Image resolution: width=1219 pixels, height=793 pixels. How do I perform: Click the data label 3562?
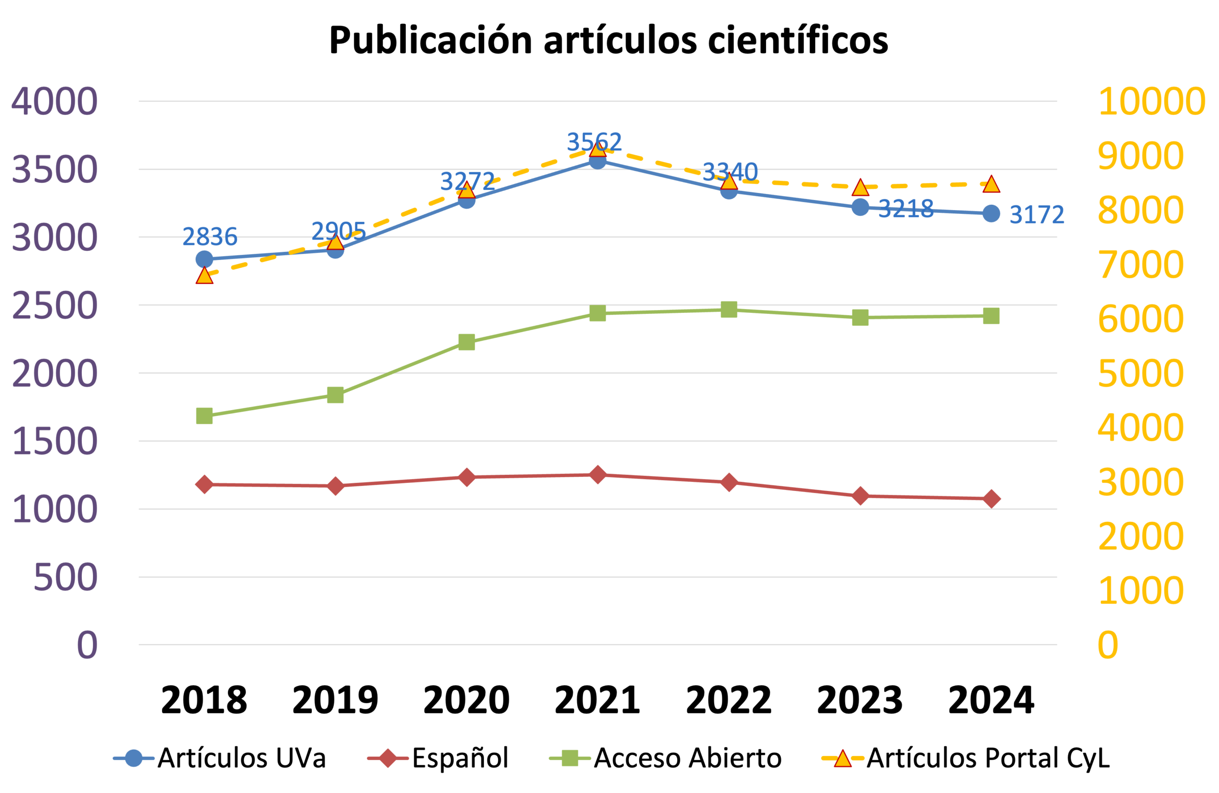click(x=594, y=141)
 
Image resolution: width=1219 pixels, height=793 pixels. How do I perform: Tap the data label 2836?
click(x=210, y=236)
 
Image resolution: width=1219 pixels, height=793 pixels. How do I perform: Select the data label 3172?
click(x=1037, y=214)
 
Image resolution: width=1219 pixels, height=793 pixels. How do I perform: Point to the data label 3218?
click(x=906, y=209)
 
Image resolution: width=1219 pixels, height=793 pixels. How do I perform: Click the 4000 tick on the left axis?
click(x=54, y=101)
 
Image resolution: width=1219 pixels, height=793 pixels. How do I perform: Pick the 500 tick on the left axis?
click(x=66, y=577)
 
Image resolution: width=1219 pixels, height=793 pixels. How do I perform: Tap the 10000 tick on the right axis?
click(x=1151, y=101)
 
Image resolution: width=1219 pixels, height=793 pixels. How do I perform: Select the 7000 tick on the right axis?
click(x=1140, y=265)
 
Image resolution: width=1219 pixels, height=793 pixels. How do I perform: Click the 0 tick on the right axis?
click(x=1108, y=644)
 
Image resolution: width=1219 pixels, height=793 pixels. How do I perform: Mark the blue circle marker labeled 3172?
click(x=991, y=213)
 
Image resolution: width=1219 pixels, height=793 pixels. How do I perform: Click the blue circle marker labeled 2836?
click(x=204, y=259)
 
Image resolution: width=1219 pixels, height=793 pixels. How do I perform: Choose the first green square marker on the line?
click(x=204, y=416)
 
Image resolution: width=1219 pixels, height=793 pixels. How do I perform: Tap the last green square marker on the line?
click(x=991, y=316)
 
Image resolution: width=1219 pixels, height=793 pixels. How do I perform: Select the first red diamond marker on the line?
click(x=204, y=484)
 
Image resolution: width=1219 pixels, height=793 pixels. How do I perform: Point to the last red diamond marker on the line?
click(x=991, y=499)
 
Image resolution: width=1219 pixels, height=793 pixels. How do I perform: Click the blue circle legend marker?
click(x=134, y=758)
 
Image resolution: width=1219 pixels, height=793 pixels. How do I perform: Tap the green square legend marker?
click(x=570, y=758)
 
